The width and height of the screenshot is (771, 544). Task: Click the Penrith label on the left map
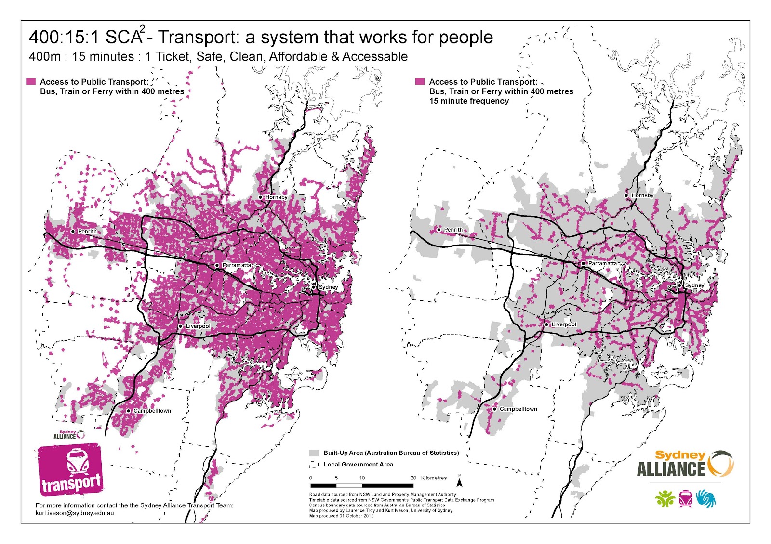87,232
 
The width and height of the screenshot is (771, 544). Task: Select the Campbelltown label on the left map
152,411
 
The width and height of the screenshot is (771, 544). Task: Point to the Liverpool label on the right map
564,324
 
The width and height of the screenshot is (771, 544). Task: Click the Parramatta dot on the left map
217,265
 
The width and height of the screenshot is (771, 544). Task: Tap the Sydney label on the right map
694,285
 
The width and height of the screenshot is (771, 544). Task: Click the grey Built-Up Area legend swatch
314,453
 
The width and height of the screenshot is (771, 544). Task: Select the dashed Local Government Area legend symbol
314,465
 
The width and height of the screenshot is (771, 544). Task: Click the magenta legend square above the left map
31,82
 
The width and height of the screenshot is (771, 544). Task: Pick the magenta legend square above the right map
420,82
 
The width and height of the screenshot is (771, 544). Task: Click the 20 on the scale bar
413,478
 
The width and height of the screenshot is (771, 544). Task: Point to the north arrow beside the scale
460,481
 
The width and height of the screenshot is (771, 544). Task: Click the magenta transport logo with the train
70,469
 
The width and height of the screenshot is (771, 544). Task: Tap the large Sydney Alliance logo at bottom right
684,464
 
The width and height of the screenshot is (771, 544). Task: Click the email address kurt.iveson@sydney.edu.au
75,513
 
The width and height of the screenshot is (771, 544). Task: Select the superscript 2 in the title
143,28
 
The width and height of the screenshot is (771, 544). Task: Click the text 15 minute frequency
469,101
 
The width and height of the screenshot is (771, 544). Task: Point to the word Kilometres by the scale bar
434,478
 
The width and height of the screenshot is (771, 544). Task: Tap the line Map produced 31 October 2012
341,516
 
